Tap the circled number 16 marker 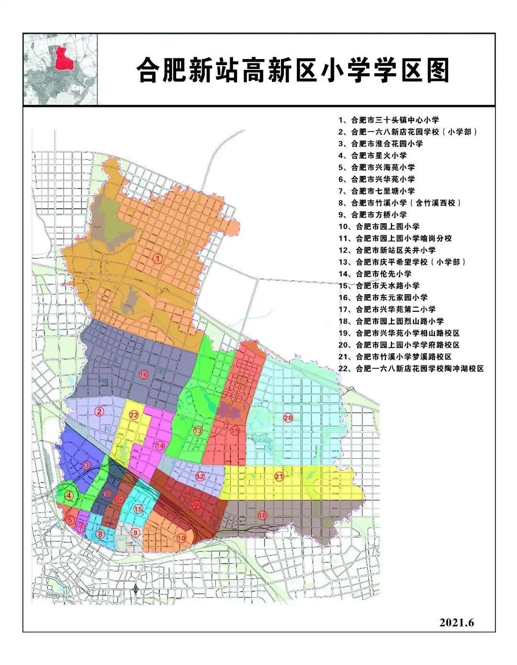point(144,374)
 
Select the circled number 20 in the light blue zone point(288,417)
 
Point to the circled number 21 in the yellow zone point(279,476)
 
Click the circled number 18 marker point(262,516)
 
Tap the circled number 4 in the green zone point(70,496)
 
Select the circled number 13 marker point(198,431)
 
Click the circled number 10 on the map point(181,538)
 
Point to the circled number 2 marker point(99,411)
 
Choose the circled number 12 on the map point(200,476)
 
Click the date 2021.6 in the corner point(456,623)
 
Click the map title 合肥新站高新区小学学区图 point(292,70)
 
